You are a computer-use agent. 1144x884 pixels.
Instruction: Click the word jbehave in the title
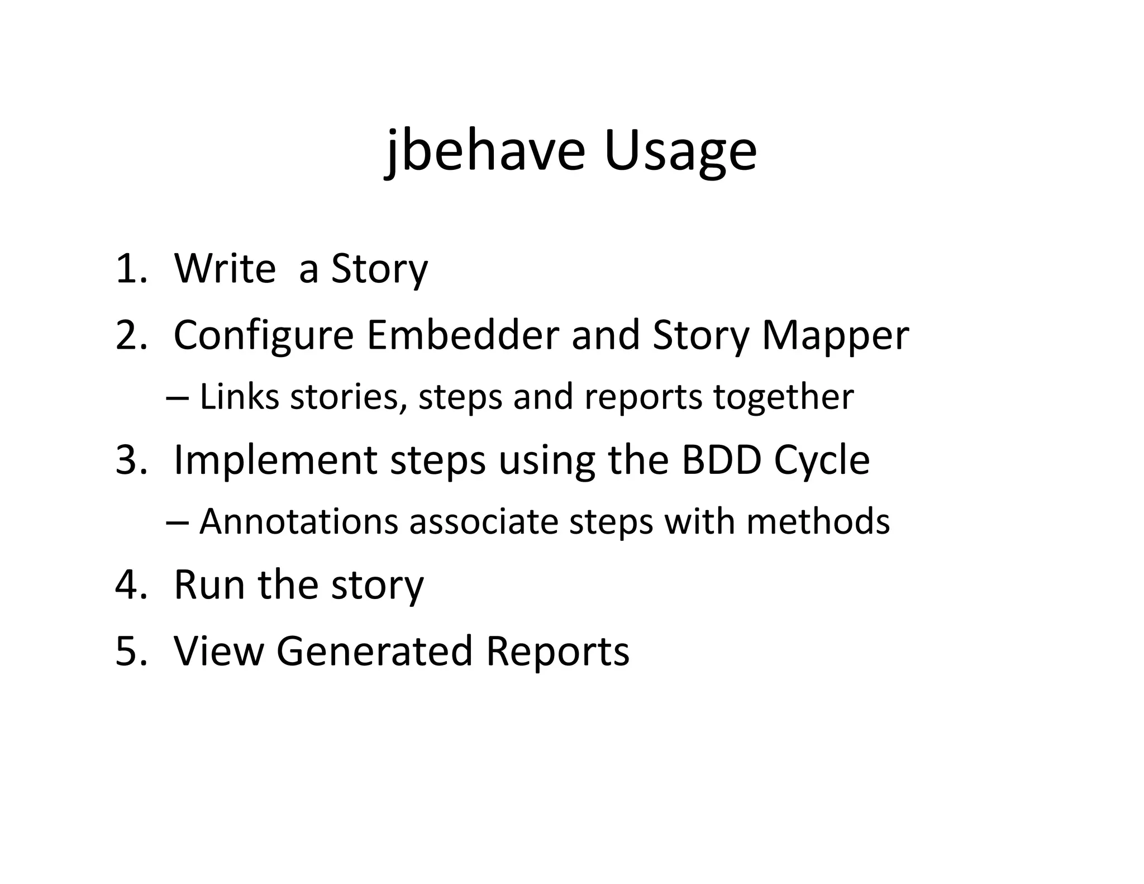tap(485, 151)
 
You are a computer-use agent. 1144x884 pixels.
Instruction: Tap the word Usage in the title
tap(680, 151)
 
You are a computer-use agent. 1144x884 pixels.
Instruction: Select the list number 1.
tap(131, 269)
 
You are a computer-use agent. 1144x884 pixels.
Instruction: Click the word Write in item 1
tap(225, 269)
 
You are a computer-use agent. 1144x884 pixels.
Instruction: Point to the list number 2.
tap(131, 335)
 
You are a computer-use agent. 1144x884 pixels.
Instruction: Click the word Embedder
tap(463, 335)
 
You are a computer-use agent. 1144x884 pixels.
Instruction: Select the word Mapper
tap(835, 335)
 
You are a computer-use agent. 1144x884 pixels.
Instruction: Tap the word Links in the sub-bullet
tap(240, 397)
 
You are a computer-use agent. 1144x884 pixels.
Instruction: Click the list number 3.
tap(131, 460)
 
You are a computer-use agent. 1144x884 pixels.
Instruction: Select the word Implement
tap(275, 460)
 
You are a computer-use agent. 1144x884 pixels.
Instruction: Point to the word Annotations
tap(298, 521)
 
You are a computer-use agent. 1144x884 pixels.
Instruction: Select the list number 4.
tap(131, 584)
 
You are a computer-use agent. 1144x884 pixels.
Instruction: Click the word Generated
tap(375, 651)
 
